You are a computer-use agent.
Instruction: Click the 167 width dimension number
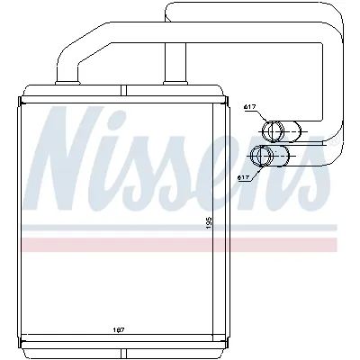[120, 328]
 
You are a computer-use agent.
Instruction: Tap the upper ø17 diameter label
[251, 108]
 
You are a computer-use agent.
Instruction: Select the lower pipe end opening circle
[263, 157]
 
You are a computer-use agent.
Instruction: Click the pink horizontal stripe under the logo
[180, 245]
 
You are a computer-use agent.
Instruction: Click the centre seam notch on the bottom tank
[125, 343]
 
